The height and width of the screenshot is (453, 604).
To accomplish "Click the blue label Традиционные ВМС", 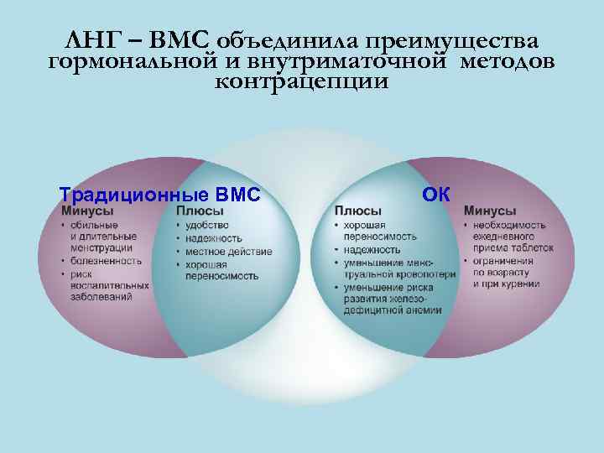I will [x=159, y=195].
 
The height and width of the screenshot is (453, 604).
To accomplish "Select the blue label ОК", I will [x=436, y=195].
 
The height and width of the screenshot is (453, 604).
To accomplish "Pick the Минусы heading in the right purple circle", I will [x=490, y=211].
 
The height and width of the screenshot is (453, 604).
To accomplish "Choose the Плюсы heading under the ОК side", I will [x=357, y=211].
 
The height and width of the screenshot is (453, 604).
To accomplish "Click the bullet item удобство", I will [x=206, y=225].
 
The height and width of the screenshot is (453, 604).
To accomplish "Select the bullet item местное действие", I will [x=228, y=252].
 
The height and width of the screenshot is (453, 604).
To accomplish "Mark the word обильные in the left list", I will [x=91, y=225].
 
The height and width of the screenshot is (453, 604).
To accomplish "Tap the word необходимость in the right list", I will [x=509, y=225].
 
